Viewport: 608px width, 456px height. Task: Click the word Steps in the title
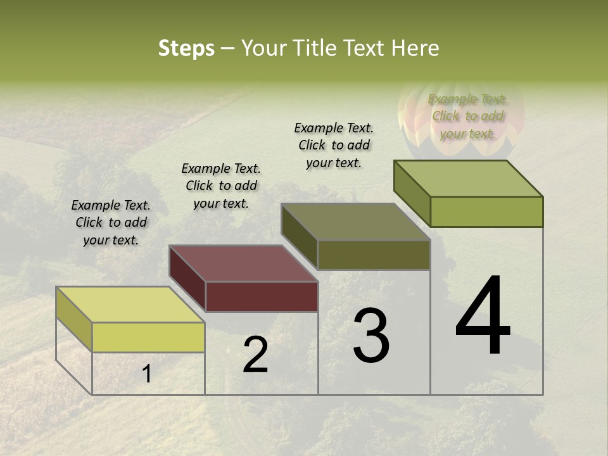tap(186, 48)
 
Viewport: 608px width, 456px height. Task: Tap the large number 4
tap(483, 316)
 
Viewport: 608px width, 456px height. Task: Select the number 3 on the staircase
tap(371, 336)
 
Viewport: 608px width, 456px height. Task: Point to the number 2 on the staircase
tap(256, 355)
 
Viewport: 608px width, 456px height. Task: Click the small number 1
tap(146, 374)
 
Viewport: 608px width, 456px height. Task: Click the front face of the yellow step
tap(148, 337)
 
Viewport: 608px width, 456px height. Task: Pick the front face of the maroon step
tap(262, 296)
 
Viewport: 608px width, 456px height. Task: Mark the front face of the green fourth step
tap(486, 212)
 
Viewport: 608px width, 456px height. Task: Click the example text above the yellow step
tap(111, 222)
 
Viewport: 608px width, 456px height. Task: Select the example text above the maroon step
tap(221, 186)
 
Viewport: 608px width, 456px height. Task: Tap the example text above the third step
tap(334, 145)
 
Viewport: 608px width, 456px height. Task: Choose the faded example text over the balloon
tap(467, 116)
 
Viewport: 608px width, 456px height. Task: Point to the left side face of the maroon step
tap(187, 279)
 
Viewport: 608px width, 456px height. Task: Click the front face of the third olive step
tap(374, 255)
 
